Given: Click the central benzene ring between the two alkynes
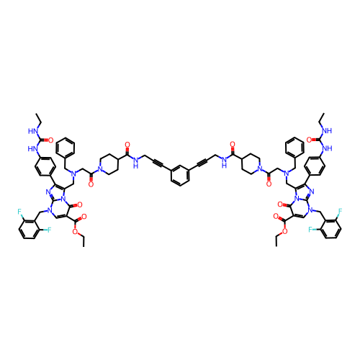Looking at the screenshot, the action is [180, 175].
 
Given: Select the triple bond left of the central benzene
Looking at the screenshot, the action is [158, 163].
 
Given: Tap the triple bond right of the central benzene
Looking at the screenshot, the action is [202, 163].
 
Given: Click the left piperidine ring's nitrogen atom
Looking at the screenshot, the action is [100, 169].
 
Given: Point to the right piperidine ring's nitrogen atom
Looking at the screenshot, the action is [260, 169].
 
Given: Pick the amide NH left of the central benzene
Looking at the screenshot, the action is [135, 162].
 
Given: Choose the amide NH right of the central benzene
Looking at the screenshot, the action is [225, 162].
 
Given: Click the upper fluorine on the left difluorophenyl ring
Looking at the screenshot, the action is [19, 212].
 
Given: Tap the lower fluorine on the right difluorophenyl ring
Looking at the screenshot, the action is [310, 230].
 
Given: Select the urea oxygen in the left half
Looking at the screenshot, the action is [50, 140].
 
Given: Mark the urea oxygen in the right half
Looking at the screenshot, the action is [309, 140].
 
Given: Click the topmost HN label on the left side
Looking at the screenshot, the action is [32, 131].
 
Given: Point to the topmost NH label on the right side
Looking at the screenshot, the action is [327, 131].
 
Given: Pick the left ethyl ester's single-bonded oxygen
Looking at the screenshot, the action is [76, 231].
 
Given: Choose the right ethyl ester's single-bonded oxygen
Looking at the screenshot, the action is [284, 231].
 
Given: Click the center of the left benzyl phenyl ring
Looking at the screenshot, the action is [66, 148].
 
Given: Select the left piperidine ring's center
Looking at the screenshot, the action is [109, 164].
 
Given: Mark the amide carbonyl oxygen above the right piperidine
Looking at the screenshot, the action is [233, 145].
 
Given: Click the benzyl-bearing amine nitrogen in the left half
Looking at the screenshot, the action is [74, 174].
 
